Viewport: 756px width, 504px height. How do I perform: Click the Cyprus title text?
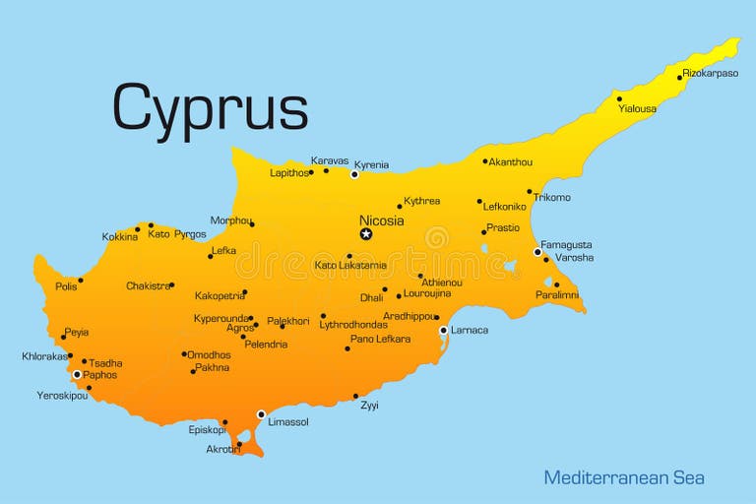[210, 106]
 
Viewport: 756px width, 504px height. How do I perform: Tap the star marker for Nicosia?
[366, 234]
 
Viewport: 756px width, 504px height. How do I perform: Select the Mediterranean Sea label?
[624, 477]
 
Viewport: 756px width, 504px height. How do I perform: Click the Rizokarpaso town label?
[711, 73]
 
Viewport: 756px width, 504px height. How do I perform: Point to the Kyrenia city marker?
[354, 174]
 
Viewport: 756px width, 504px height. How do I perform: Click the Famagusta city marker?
[537, 252]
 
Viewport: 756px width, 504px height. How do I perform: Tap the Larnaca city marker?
[443, 331]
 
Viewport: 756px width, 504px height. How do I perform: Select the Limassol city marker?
[261, 414]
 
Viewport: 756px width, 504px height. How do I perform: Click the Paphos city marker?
[77, 374]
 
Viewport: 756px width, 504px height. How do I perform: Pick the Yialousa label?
[637, 108]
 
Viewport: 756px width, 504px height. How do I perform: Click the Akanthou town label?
[510, 161]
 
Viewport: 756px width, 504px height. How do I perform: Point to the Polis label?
[66, 286]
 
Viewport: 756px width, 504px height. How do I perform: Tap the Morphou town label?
[230, 220]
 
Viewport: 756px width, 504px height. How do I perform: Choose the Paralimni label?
[556, 294]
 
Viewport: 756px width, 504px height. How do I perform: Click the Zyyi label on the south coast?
[369, 406]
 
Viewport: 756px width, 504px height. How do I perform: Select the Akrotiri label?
[222, 448]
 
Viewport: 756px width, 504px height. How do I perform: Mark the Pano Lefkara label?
[380, 339]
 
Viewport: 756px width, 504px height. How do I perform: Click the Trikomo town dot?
[530, 192]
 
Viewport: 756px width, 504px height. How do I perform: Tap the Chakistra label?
[148, 286]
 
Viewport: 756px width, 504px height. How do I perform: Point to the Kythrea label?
[421, 201]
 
